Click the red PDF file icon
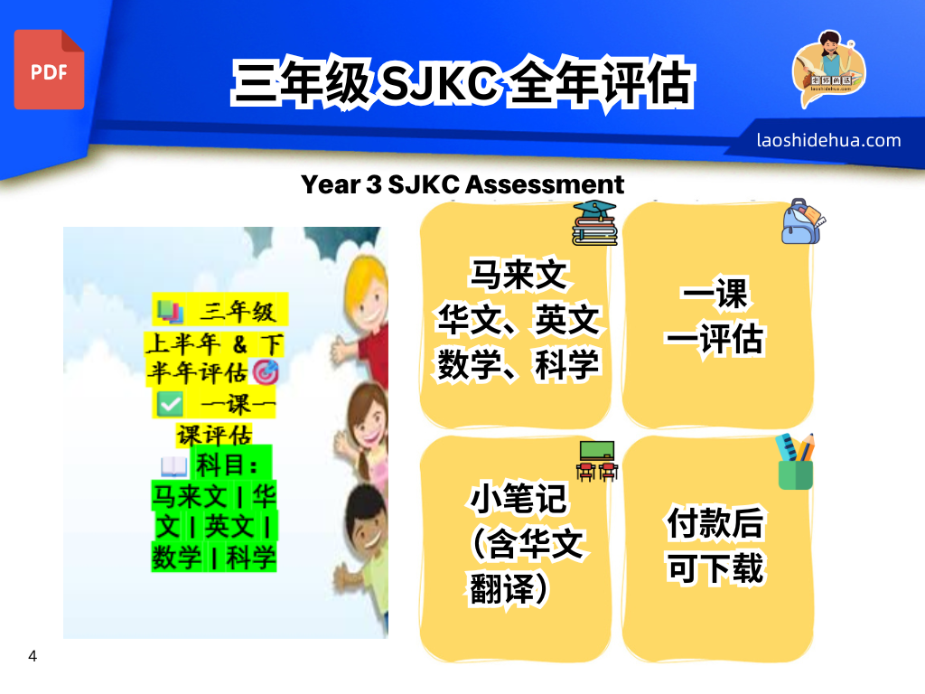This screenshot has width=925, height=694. point(49,70)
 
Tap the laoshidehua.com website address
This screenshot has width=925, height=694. point(828,140)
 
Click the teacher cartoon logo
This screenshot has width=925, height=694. point(828,69)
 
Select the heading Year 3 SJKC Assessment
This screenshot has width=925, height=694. point(462,184)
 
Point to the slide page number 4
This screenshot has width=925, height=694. point(33,656)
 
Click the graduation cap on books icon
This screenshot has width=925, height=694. point(594,223)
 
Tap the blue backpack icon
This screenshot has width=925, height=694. point(803,221)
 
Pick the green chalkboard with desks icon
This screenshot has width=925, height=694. point(597,461)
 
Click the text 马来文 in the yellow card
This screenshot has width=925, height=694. point(518,275)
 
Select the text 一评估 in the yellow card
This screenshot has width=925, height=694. point(715,339)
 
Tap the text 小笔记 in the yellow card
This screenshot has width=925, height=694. point(518,499)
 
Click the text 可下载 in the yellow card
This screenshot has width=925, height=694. point(715,568)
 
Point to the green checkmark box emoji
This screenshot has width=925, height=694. point(170,405)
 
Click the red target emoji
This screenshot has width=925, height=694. point(265,371)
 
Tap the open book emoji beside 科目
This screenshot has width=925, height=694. point(174,467)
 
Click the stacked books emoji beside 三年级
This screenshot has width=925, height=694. point(170,311)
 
